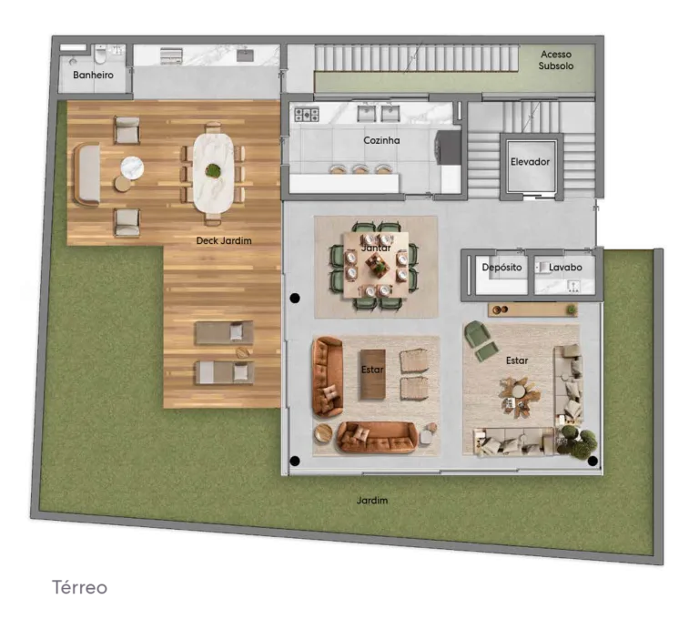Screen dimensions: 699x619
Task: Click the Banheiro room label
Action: click(93, 75)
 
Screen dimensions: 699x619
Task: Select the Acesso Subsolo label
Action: click(556, 60)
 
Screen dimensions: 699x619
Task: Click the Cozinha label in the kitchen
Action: click(381, 140)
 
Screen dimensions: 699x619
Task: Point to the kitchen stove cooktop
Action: click(307, 115)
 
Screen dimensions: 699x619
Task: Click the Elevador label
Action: click(530, 162)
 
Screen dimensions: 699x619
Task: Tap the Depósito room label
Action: click(501, 267)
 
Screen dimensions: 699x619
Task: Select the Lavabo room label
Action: click(565, 267)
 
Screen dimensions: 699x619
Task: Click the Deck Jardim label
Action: click(224, 241)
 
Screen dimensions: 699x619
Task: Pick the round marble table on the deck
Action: click(132, 167)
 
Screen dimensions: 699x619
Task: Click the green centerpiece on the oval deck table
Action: click(213, 170)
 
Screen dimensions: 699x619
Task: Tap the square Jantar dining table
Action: click(376, 265)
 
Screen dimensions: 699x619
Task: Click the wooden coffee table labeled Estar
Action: click(372, 375)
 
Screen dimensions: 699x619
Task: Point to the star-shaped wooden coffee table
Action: click(520, 396)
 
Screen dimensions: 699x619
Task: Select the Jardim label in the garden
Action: click(372, 501)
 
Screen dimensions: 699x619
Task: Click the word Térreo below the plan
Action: click(80, 587)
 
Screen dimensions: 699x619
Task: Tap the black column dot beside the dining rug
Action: click(295, 298)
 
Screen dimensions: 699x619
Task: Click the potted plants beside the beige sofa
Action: click(577, 441)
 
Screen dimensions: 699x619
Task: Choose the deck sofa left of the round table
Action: click(86, 175)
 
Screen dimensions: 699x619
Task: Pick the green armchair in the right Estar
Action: click(480, 340)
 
